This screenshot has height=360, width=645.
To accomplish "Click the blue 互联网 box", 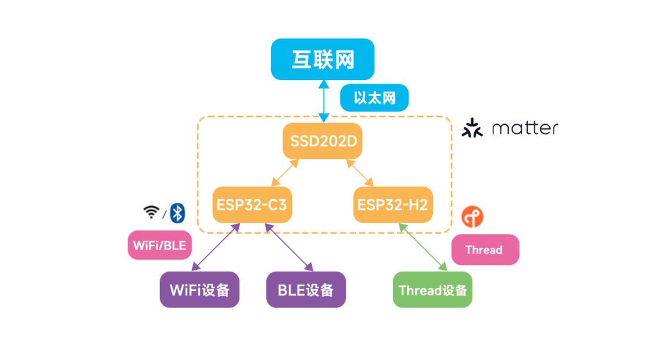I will pyautogui.click(x=322, y=59).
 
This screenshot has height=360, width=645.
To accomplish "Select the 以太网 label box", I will pyautogui.click(x=374, y=97).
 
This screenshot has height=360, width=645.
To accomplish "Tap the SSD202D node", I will pyautogui.click(x=322, y=142).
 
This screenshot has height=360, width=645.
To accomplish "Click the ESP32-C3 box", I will pyautogui.click(x=251, y=205).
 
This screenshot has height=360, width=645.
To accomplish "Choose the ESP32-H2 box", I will pyautogui.click(x=392, y=205).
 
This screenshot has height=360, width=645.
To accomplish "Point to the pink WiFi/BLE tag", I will pyautogui.click(x=159, y=245).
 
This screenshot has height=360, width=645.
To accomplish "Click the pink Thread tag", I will pyautogui.click(x=484, y=250).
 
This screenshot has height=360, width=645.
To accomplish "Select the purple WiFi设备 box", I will pyautogui.click(x=199, y=290).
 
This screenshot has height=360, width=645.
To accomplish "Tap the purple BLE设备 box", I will pyautogui.click(x=306, y=290).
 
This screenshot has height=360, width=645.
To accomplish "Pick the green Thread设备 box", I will pyautogui.click(x=432, y=290).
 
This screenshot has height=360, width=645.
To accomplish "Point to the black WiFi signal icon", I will pyautogui.click(x=151, y=212).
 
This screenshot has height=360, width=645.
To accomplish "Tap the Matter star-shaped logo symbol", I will pyautogui.click(x=472, y=128).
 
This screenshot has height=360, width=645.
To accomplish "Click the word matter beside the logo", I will pyautogui.click(x=525, y=128).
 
